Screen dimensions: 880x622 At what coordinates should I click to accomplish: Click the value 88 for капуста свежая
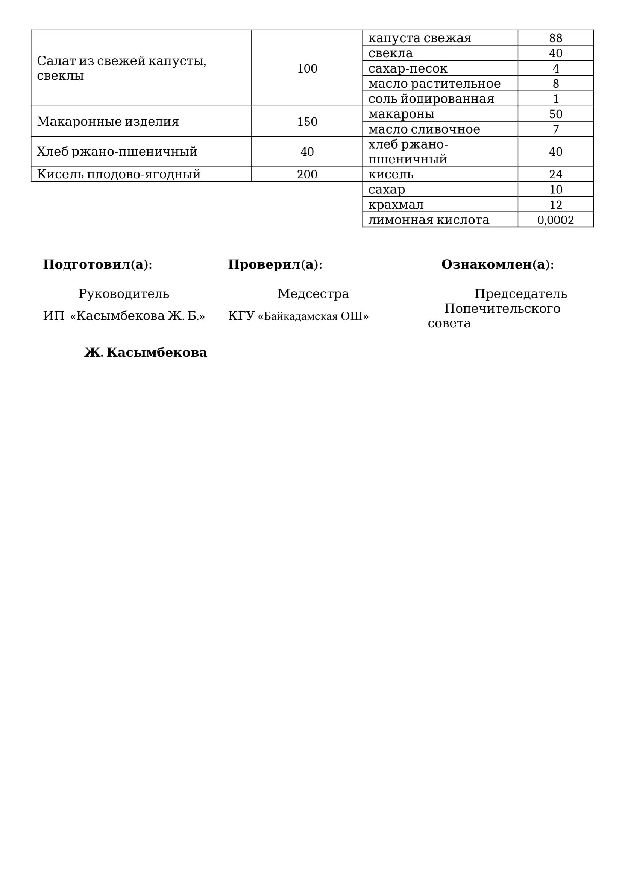point(555,38)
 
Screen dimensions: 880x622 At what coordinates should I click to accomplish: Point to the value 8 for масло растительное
point(555,84)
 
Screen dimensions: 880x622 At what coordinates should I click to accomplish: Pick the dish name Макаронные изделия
point(108,122)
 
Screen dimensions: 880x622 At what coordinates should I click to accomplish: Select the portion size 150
point(307,122)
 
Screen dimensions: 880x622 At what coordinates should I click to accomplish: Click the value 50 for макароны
point(555,114)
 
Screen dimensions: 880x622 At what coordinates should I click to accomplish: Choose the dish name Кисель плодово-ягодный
point(119,175)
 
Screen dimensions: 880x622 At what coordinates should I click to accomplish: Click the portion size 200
point(307,175)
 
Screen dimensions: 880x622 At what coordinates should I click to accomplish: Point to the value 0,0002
point(555,220)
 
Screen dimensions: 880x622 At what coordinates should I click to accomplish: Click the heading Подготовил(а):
point(98,264)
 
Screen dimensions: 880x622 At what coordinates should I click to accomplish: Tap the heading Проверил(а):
point(275,264)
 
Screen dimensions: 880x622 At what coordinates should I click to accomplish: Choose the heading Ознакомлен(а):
point(498,264)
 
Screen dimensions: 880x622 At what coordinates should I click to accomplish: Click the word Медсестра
point(313,294)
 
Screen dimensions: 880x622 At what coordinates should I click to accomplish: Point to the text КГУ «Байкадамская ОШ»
point(298,316)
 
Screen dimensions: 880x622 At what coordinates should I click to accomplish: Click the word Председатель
point(520,294)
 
